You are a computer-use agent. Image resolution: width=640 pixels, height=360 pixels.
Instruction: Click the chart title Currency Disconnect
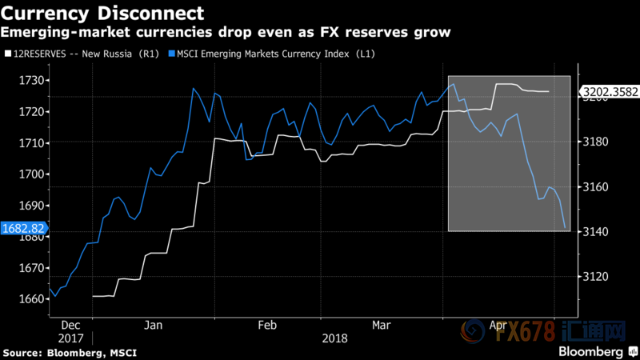[x=103, y=14]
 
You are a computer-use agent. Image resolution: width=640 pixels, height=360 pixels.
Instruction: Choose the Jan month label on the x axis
[x=154, y=326]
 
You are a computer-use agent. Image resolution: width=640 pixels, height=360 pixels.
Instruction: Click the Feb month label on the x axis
[x=266, y=326]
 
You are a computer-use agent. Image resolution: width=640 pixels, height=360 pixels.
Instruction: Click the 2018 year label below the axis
[x=334, y=338]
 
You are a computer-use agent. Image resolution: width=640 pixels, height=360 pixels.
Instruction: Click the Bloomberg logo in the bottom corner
[x=592, y=352]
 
